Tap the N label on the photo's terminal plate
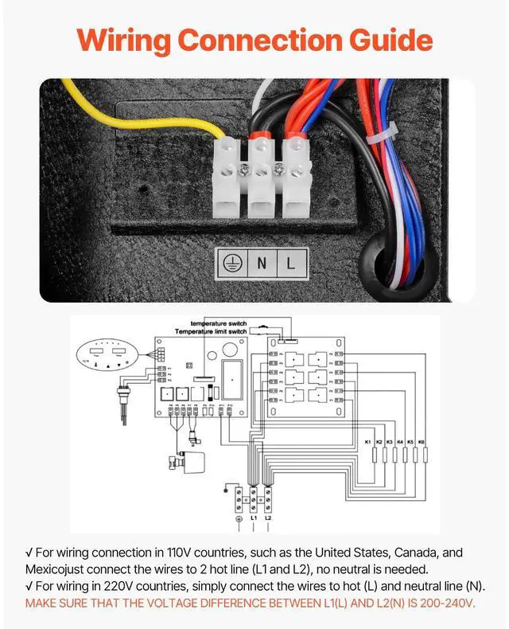[x=262, y=263]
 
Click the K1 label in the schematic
[x=368, y=441]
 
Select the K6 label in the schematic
[x=422, y=441]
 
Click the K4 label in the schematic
[x=400, y=441]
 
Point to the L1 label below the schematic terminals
[x=253, y=518]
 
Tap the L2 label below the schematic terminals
[x=268, y=518]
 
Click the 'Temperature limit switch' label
[x=211, y=330]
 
